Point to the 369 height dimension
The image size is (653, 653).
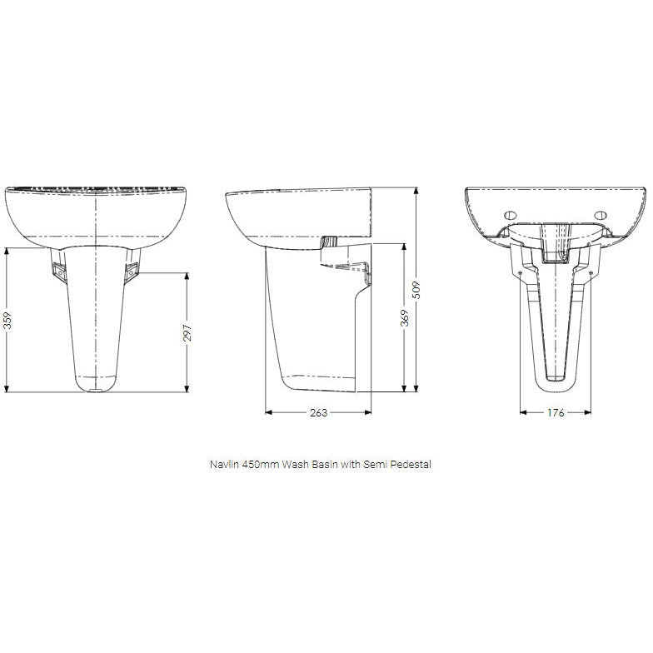406,317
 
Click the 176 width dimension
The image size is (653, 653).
556,412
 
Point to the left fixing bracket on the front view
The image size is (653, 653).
59,270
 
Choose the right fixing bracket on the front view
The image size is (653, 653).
132,270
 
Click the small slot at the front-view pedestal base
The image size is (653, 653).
96,389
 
